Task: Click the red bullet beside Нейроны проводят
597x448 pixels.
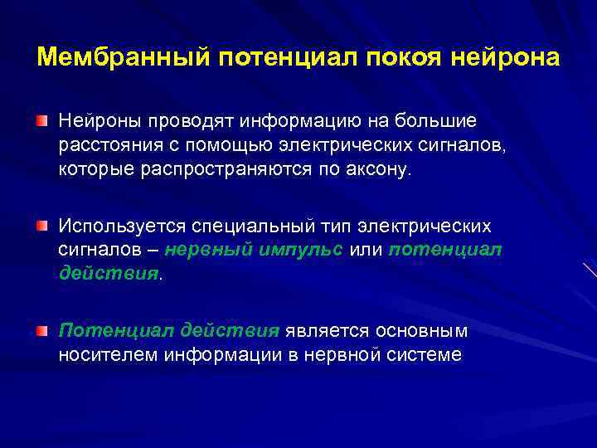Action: tap(41, 123)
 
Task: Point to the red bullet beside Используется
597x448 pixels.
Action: tap(41, 226)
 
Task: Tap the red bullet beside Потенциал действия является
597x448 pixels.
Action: tap(41, 332)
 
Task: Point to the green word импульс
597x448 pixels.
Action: tap(303, 251)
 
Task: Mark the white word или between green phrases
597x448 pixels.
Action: tap(366, 251)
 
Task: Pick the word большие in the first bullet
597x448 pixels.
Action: tap(438, 122)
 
